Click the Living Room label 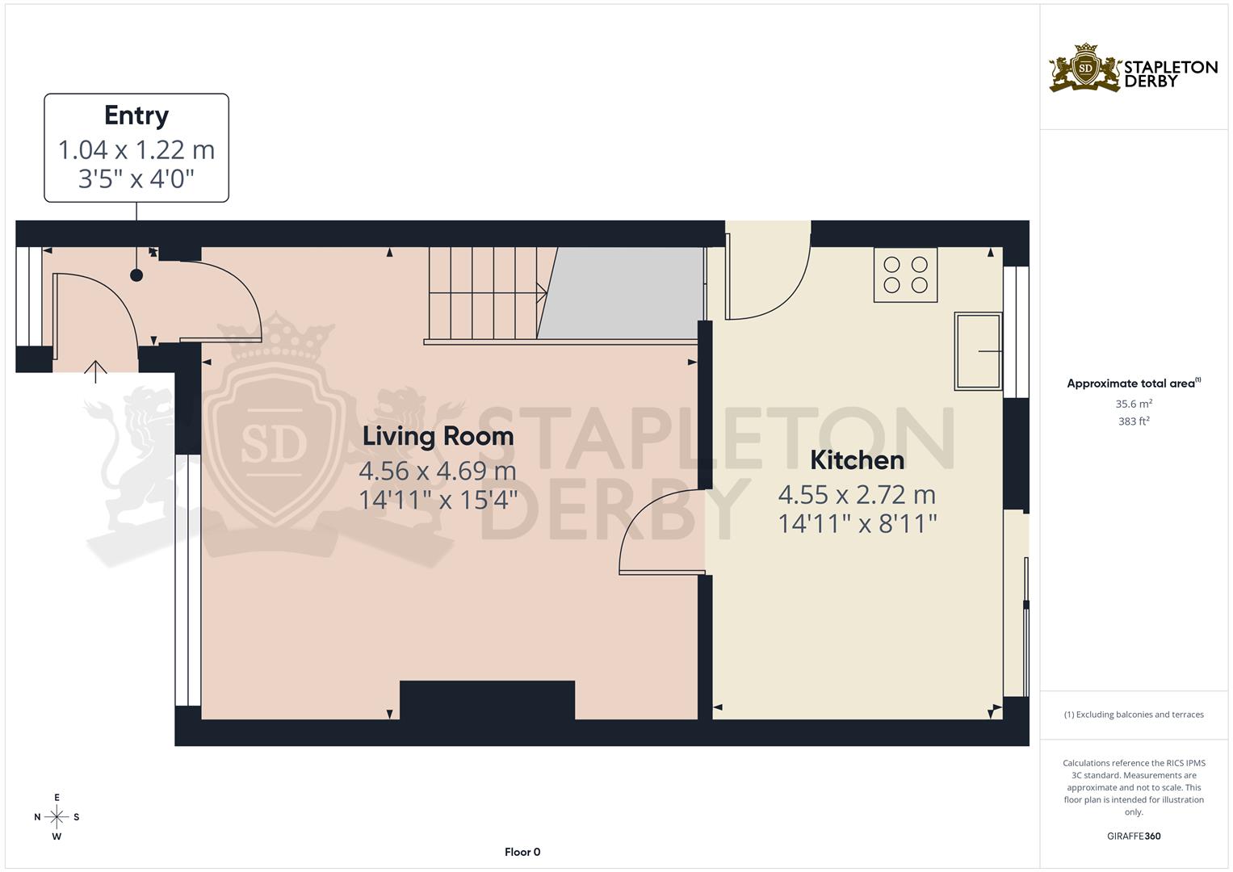point(438,436)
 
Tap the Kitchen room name point(857,460)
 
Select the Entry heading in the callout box point(136,115)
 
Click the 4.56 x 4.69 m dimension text point(438,471)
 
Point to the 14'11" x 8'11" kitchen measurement point(857,524)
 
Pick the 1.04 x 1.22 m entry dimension point(136,150)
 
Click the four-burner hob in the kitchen point(905,275)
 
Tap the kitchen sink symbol point(978,351)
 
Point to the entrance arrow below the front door point(96,371)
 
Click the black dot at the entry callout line point(136,275)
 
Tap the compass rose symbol point(57,817)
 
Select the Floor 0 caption point(522,852)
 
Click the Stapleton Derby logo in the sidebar point(1133,68)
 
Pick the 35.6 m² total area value point(1134,403)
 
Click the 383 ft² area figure point(1134,421)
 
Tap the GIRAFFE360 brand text point(1134,836)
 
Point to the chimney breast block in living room point(487,700)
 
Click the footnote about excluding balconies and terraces point(1134,715)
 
